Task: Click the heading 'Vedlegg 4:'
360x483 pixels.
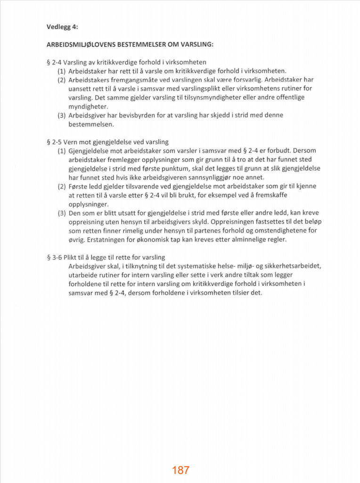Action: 63,27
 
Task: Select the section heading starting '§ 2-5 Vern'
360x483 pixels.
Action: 108,142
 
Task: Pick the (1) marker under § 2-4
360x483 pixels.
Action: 62,71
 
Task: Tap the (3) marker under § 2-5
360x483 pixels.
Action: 62,213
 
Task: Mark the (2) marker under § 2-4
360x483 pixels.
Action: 62,80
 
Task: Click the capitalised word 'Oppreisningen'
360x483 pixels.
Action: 231,222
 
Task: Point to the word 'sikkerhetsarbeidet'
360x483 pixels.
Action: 292,266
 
